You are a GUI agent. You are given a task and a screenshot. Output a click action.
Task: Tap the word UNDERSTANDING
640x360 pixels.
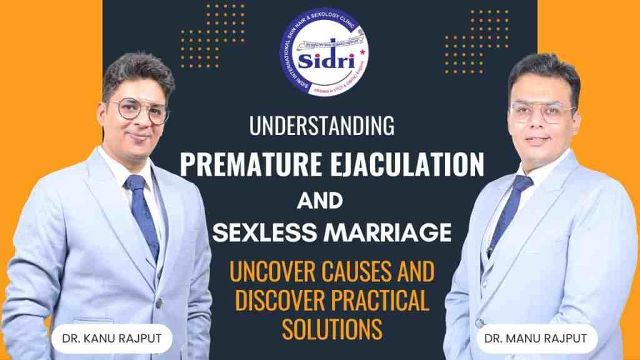(x=321, y=126)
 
